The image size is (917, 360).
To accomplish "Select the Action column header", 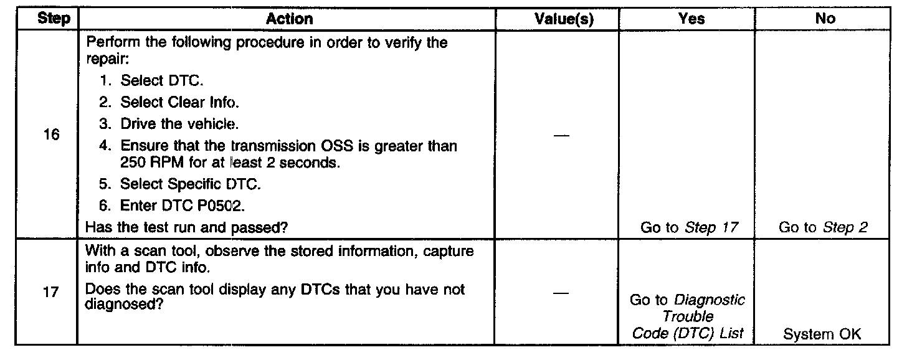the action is [x=289, y=19].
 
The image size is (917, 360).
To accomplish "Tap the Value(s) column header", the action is [x=564, y=19].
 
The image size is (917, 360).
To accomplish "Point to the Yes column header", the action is [x=691, y=19].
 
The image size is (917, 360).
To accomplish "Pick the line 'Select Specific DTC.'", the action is [x=190, y=184].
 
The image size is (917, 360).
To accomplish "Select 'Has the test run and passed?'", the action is [x=187, y=228].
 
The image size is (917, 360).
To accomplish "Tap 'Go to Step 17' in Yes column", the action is [x=689, y=228].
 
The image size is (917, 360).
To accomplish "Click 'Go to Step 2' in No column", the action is [x=823, y=228].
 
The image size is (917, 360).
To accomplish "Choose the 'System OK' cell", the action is [x=822, y=334].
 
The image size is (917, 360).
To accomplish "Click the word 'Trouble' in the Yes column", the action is [x=688, y=316].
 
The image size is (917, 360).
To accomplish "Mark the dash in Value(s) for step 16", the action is [x=561, y=136].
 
